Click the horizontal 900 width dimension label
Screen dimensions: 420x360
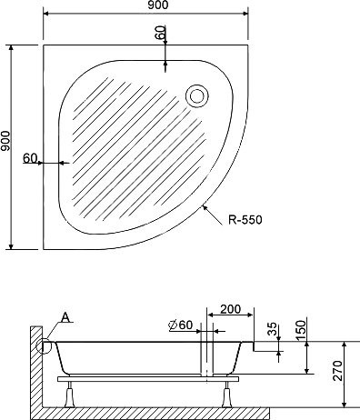tap(145, 7)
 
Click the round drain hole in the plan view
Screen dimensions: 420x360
tap(195, 93)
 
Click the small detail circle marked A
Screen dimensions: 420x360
tap(43, 345)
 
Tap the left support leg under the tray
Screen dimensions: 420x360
tap(72, 393)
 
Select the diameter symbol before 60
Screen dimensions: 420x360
tap(173, 325)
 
